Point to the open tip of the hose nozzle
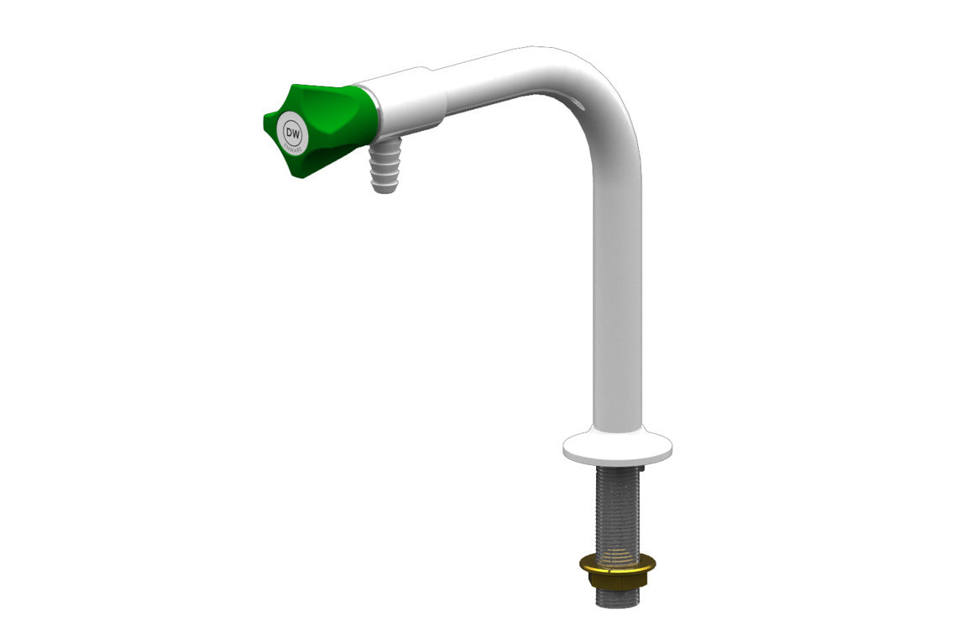point(384,188)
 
